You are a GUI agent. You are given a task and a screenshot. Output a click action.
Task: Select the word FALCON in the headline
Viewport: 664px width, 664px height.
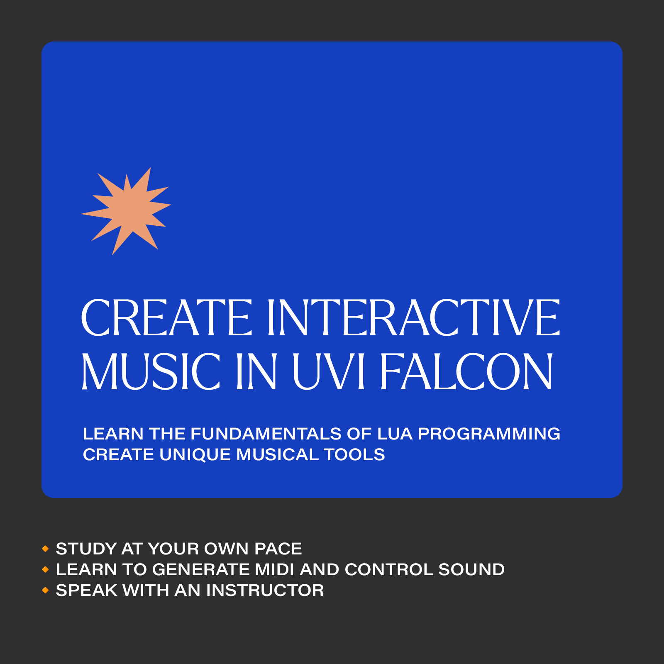466,371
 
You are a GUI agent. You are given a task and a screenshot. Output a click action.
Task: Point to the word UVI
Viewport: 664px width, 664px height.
328,372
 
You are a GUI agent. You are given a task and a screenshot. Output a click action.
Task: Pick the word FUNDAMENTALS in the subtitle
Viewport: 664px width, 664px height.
266,434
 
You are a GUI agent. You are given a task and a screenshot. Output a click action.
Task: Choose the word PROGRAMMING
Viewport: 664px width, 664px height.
489,434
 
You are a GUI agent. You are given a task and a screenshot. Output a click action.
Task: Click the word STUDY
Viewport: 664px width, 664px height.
86,549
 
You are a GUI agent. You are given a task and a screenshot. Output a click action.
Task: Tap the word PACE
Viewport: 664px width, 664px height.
278,549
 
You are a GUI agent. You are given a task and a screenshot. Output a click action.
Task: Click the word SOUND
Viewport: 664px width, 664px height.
471,569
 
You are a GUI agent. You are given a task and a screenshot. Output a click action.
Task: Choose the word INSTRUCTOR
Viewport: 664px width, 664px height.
265,590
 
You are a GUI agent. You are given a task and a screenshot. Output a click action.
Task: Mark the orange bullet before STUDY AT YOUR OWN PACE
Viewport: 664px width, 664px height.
46,549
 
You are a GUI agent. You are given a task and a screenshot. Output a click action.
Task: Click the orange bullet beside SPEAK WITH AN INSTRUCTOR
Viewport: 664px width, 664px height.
46,590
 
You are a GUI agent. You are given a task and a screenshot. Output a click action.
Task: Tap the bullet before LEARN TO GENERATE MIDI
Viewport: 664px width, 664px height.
46,570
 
